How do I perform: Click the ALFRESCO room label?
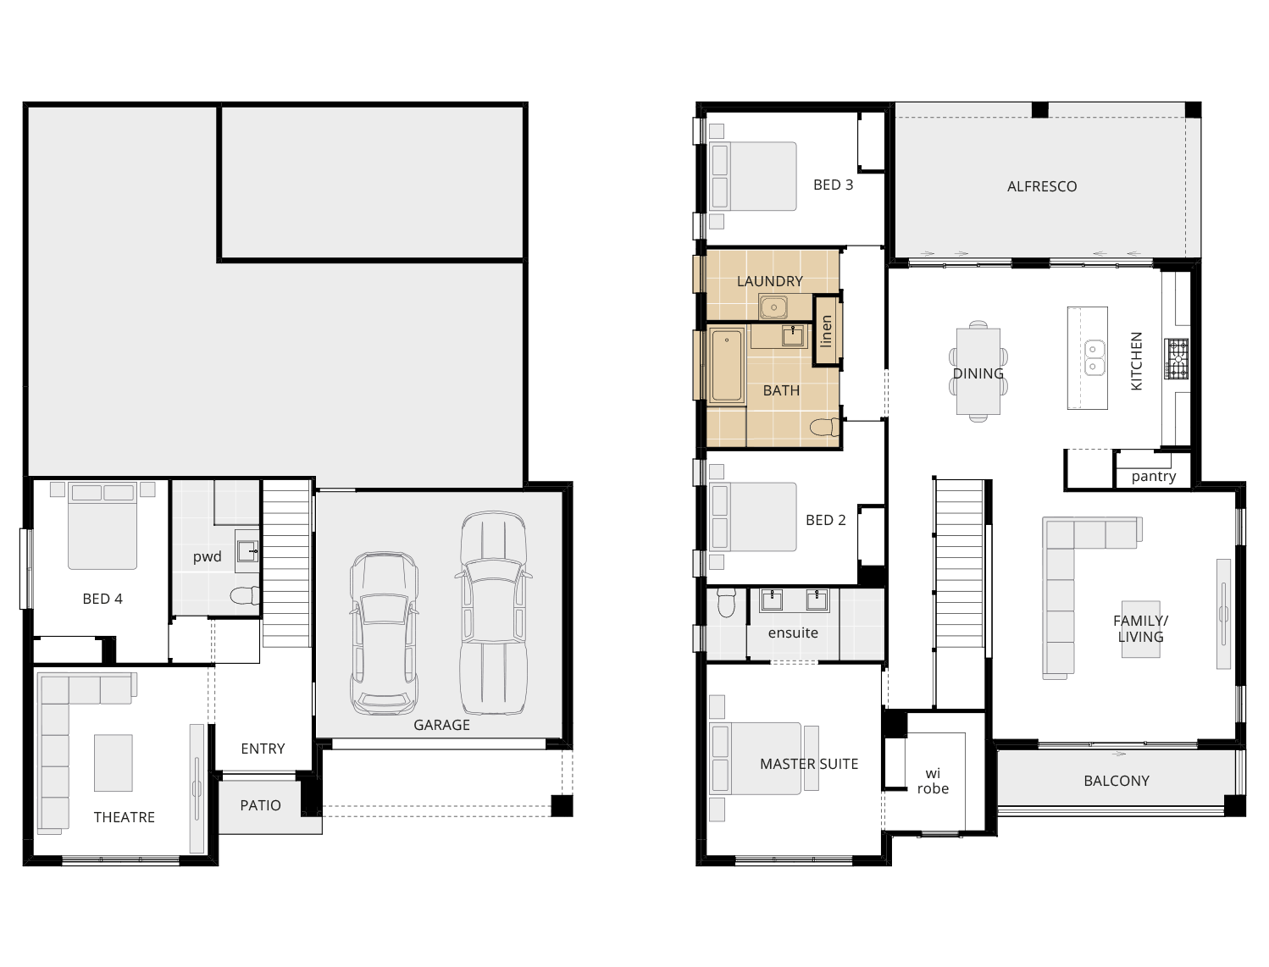coord(1042,186)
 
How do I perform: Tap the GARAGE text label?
coord(441,725)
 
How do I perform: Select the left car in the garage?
coord(384,633)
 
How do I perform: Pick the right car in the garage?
coord(494,612)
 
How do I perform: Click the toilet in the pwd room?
coord(246,596)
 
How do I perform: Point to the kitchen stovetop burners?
coord(1177,358)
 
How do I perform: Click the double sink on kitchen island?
coord(1095,357)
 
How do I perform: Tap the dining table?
coord(978,372)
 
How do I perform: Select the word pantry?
coord(1154,476)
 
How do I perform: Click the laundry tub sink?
coord(773,307)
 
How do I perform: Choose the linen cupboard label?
coord(827,331)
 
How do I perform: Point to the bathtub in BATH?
coord(727,365)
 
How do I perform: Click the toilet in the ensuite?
coord(726,602)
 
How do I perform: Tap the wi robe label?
coord(933,781)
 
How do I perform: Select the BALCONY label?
coord(1117,781)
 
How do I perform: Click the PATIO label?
coord(260,805)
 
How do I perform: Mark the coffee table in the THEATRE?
coord(113,762)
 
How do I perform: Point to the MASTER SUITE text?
coord(809,764)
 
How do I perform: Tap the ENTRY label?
coord(263,749)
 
